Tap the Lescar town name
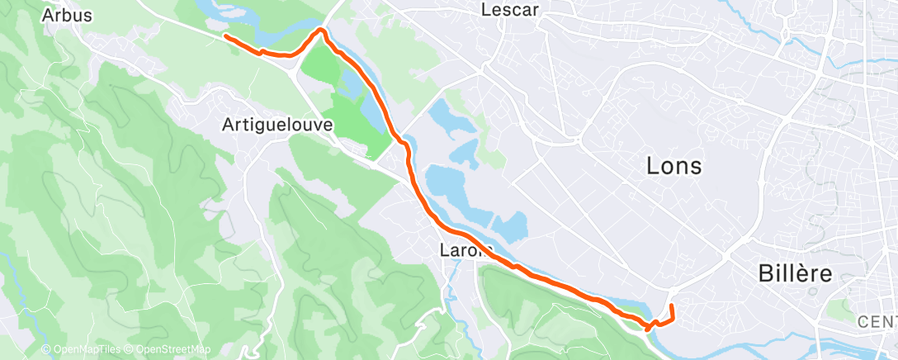(x=509, y=11)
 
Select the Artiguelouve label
(x=276, y=126)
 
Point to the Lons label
(x=673, y=166)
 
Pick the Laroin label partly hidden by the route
(x=470, y=249)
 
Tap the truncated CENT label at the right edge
(x=876, y=321)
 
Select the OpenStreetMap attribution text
(x=168, y=349)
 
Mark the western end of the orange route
(x=225, y=36)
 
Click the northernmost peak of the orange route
(x=321, y=30)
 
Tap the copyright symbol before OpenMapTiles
(x=46, y=349)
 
